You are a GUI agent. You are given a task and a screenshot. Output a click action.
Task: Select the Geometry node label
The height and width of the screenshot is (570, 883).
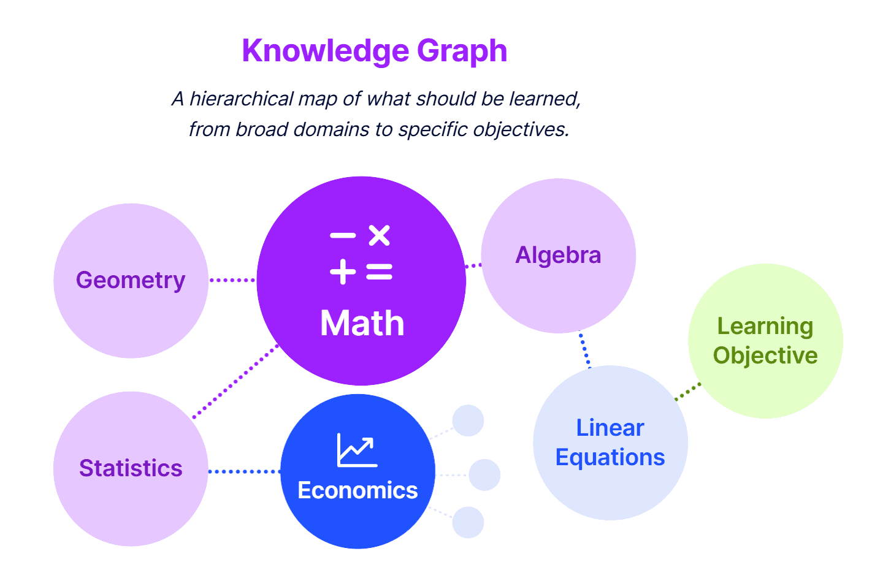131,280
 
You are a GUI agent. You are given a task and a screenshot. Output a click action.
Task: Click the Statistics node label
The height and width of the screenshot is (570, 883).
131,468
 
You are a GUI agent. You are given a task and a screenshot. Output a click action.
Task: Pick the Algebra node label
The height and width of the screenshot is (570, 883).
558,255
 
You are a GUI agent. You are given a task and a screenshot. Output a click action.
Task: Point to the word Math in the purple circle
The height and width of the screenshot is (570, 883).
362,323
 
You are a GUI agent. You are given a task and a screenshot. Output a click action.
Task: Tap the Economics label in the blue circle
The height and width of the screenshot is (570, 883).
357,490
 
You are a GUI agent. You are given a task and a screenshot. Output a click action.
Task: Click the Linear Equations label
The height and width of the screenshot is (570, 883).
610,443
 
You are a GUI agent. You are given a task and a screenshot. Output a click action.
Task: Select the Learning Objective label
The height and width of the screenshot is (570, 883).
765,341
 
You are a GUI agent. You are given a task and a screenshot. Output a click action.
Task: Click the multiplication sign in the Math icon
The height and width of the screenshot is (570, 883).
379,235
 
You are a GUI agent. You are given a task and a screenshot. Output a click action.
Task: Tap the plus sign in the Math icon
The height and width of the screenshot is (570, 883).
343,271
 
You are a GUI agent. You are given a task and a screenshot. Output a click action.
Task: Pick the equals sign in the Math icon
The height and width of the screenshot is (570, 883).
379,272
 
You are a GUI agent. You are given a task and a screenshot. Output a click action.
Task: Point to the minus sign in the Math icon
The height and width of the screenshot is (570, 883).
343,235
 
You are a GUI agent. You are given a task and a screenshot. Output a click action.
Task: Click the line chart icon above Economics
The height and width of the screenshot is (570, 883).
356,450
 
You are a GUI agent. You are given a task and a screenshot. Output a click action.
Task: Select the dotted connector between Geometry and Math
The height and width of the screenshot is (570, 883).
232,280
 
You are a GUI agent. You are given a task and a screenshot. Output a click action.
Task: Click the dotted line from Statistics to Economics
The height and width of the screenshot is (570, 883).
244,471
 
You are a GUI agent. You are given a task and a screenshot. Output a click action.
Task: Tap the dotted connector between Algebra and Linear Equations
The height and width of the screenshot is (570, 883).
584,349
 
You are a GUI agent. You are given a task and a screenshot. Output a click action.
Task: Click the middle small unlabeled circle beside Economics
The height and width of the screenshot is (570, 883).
484,475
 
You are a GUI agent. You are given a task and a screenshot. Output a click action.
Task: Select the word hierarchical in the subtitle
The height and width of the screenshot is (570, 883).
242,99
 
